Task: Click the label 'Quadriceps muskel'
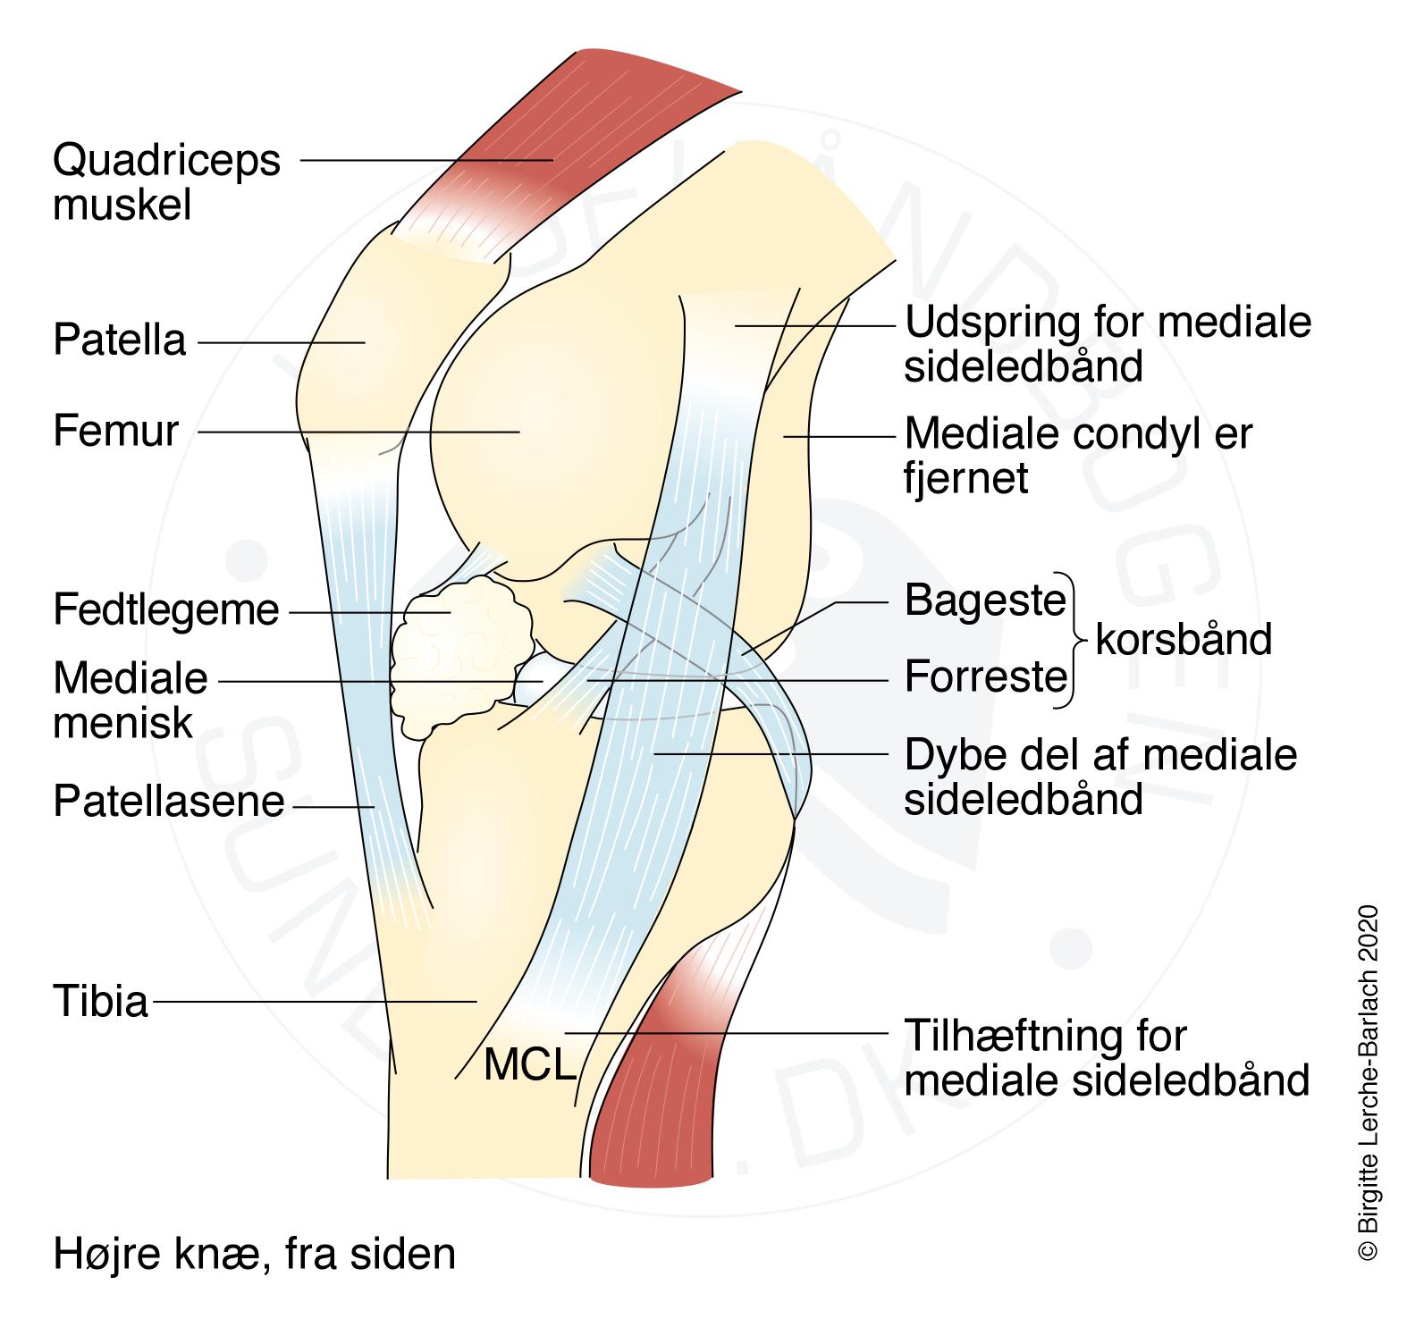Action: (166, 183)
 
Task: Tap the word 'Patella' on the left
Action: (119, 340)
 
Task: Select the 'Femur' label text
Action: (116, 431)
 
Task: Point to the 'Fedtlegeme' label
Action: (166, 611)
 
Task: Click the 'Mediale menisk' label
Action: (131, 701)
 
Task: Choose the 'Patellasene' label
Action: (168, 802)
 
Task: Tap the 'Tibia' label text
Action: (100, 1001)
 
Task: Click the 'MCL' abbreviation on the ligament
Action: (529, 1065)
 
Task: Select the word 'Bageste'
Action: (985, 601)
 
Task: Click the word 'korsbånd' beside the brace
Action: (1183, 640)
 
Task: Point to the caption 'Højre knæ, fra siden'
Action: (254, 1254)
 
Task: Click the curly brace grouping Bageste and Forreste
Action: (1078, 640)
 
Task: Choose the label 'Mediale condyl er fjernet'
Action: (1078, 456)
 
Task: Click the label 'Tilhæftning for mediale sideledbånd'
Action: (1107, 1058)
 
